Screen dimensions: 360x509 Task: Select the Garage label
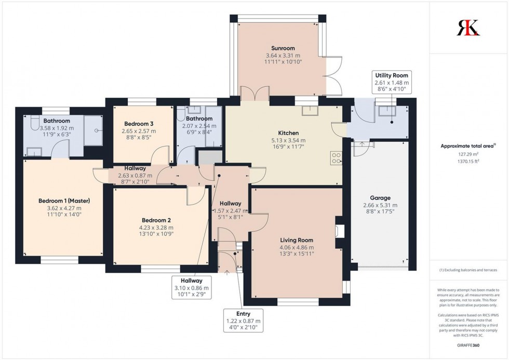pos(380,197)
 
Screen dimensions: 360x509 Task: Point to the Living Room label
pos(297,240)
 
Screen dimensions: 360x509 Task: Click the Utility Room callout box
pos(392,83)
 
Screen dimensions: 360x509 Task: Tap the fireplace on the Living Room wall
pos(340,231)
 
